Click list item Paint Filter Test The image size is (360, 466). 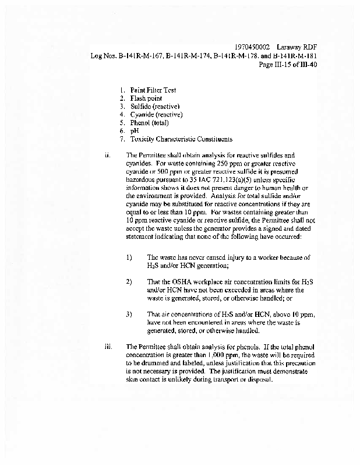(x=153, y=90)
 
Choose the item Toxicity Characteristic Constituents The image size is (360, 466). (x=181, y=139)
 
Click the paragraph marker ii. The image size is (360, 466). (x=107, y=156)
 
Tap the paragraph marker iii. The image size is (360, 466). (x=108, y=347)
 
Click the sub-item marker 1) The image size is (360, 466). (x=129, y=257)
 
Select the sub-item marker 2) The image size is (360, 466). (x=129, y=281)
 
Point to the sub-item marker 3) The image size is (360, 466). (x=129, y=314)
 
